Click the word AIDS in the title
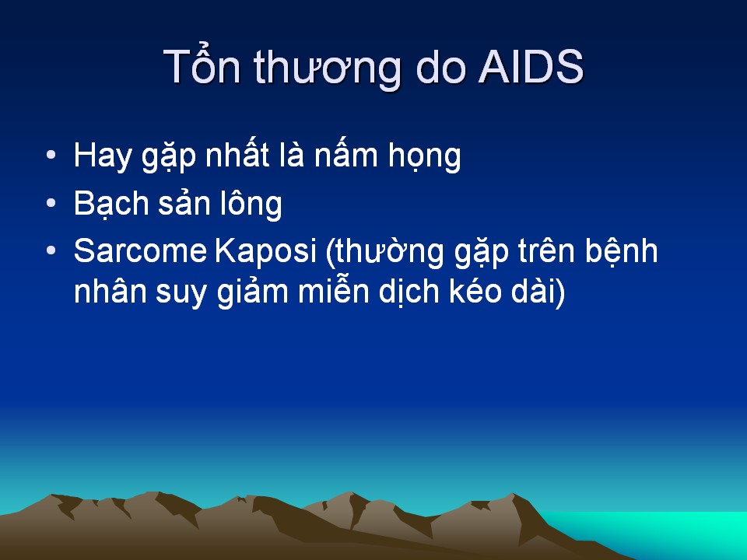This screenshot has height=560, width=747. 531,67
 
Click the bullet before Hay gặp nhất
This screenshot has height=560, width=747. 51,155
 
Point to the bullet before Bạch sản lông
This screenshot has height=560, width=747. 51,203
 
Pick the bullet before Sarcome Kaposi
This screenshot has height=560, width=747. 51,250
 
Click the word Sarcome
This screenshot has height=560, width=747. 140,250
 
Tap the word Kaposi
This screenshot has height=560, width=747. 265,252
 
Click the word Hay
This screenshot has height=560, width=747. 103,156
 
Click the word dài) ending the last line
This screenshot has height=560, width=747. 538,291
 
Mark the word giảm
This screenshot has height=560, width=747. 253,292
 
